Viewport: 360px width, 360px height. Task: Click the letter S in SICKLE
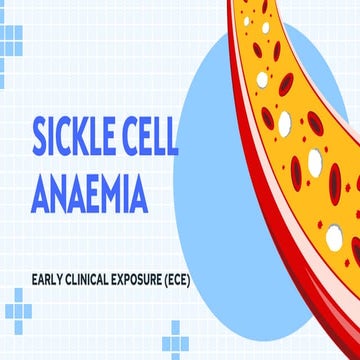point(44,137)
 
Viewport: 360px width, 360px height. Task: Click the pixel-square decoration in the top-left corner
point(11,39)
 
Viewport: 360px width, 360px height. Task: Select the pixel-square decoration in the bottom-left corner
point(14,309)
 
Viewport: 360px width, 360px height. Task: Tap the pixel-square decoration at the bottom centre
point(176,339)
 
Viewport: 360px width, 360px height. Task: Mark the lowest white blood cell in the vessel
point(334,237)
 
